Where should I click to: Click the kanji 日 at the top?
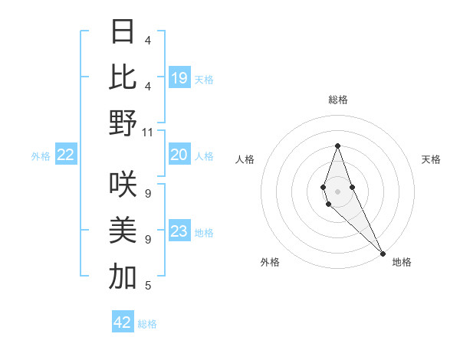[x=123, y=31]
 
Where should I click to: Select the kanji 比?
[x=123, y=77]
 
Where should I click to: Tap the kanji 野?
[x=123, y=122]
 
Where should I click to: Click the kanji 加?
[x=123, y=276]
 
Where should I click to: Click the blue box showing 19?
[x=179, y=78]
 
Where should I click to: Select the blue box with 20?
[x=179, y=155]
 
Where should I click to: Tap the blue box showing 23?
[x=179, y=232]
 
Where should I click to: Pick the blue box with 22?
[x=66, y=155]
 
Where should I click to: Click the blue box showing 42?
[x=123, y=322]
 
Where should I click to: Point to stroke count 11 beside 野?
[x=148, y=132]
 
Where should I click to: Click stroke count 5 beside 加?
[x=148, y=286]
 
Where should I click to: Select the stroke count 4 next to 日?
[x=148, y=40]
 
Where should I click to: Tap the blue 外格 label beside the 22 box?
[x=41, y=156]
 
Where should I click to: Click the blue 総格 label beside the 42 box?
[x=147, y=324]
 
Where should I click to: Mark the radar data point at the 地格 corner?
[x=382, y=253]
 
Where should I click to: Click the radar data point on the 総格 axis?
[x=337, y=146]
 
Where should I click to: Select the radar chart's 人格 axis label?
[x=245, y=159]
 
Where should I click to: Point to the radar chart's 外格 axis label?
[x=270, y=262]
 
